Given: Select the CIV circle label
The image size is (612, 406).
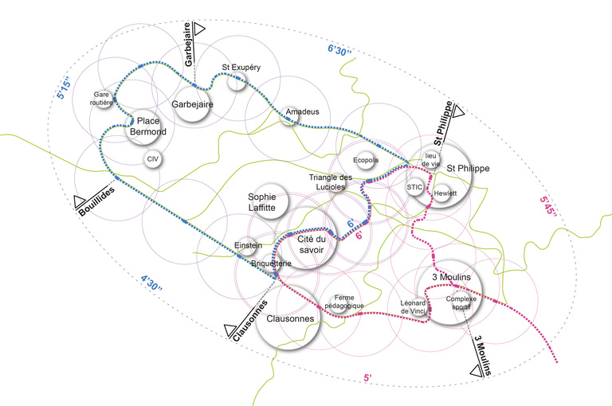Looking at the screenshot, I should [152, 159].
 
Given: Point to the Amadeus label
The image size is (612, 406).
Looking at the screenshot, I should [302, 112].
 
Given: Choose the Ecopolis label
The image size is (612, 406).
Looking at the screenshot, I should [365, 159].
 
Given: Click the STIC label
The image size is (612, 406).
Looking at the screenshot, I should [414, 187].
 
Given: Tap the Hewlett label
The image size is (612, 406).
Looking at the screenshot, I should [445, 193].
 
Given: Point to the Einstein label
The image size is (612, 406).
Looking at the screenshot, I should [248, 245].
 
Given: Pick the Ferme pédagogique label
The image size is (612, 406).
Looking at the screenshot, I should [344, 301].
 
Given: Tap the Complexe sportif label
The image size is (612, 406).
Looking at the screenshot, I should [461, 303].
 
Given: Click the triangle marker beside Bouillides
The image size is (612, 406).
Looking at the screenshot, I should [79, 201].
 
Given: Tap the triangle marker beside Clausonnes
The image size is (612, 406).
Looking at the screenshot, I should [230, 329].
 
